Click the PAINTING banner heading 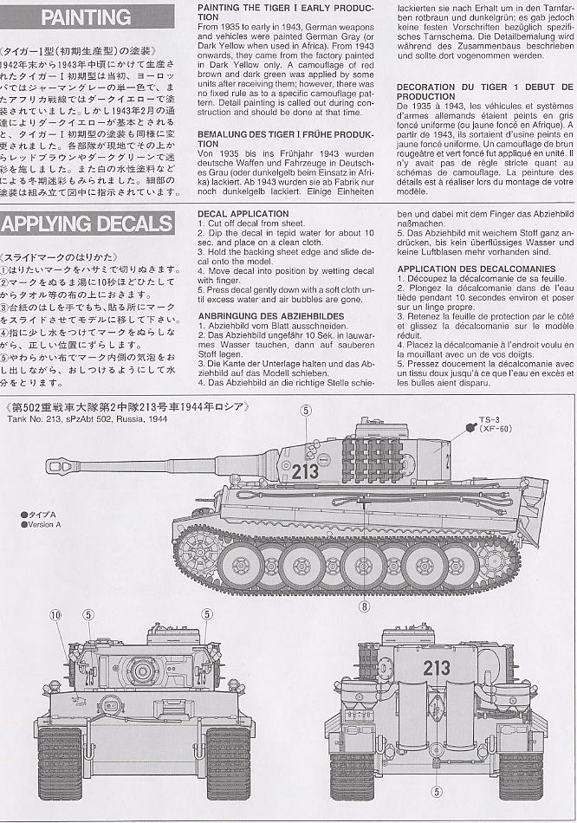coord(86,17)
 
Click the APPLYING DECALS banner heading coord(87,224)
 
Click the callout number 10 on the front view coord(56,615)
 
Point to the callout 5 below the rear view coord(437,791)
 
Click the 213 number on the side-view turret coord(304,473)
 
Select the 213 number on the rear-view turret coord(437,668)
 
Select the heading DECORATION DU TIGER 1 coord(483,92)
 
